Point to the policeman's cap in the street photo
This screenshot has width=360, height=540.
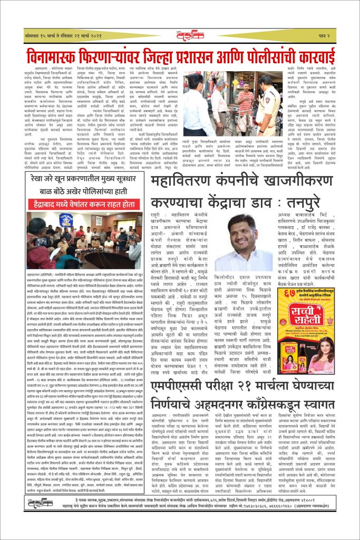point(261,80)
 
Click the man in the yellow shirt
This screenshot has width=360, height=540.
point(244,105)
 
